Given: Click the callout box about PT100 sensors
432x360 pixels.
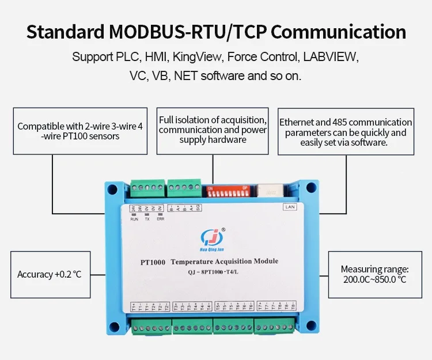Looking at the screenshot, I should pyautogui.click(x=79, y=131).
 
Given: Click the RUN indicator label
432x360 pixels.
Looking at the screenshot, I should pyautogui.click(x=134, y=219).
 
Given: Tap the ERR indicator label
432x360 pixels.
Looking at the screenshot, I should pyautogui.click(x=160, y=219).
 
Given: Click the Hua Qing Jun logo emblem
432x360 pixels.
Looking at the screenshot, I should pyautogui.click(x=210, y=236).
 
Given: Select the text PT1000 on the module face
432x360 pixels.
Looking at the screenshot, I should pyautogui.click(x=153, y=262).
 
